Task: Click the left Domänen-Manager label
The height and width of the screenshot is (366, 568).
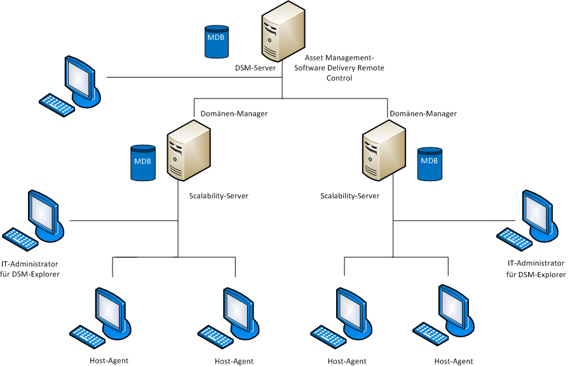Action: (230, 114)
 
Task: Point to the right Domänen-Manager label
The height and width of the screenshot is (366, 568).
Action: (423, 114)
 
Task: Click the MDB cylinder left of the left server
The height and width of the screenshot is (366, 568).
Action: (143, 162)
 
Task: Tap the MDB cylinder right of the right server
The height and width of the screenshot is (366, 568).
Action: (429, 164)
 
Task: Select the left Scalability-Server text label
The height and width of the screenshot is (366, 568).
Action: (219, 196)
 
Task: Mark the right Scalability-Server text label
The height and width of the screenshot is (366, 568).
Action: (349, 196)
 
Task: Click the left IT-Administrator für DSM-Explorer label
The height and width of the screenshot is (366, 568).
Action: (30, 269)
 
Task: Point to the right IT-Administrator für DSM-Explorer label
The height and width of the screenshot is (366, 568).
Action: (536, 269)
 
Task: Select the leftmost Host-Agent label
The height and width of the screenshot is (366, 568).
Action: (109, 361)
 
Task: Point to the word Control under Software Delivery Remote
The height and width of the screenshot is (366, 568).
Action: (339, 78)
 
